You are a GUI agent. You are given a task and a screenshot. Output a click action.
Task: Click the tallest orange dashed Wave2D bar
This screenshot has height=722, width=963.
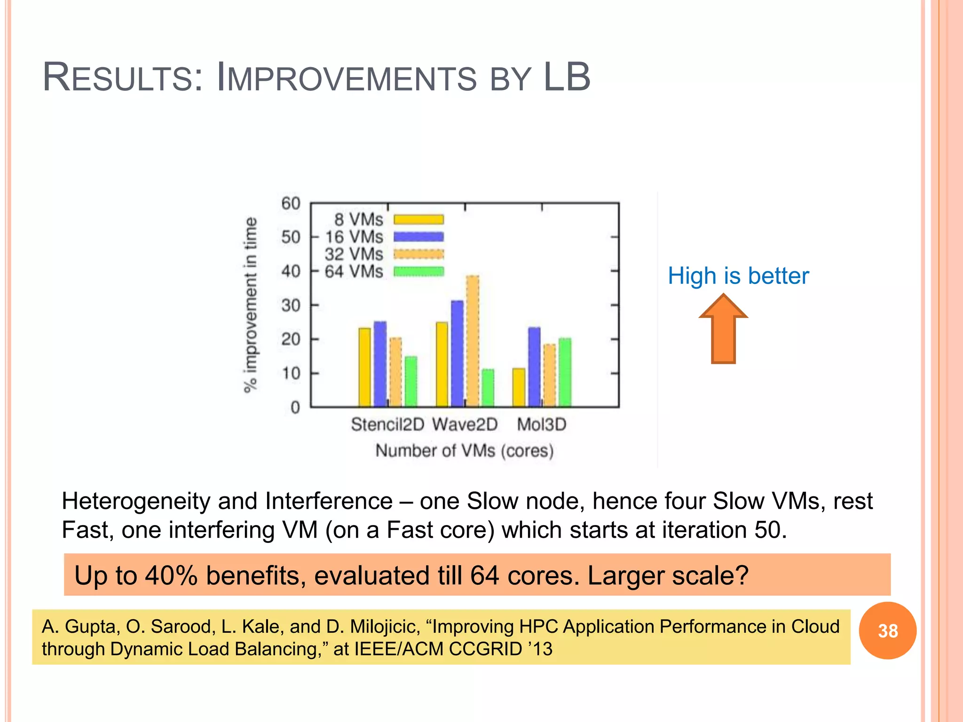(473, 341)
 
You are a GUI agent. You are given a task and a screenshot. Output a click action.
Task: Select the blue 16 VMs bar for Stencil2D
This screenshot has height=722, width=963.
(380, 364)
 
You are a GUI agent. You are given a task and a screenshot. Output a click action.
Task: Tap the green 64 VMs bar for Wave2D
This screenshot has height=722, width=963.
(488, 388)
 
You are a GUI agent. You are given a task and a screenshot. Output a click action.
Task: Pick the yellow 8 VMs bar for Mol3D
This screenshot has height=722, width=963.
(519, 387)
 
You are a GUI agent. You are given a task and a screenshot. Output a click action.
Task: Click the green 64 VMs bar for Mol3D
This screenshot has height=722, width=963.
(565, 372)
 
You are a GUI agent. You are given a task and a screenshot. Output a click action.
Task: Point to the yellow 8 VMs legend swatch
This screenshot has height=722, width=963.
(418, 220)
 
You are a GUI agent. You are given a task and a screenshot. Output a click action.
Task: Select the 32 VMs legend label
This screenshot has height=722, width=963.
(354, 254)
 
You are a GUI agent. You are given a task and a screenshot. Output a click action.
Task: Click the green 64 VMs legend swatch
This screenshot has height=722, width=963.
(418, 272)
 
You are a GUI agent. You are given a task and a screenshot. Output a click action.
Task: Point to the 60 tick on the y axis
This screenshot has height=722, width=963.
(291, 204)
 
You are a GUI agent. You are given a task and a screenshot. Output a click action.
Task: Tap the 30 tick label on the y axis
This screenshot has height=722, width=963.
(291, 306)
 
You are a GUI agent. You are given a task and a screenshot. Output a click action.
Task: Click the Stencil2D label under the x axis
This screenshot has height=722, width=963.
(387, 424)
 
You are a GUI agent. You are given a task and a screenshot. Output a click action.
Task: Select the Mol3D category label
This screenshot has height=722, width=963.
(541, 424)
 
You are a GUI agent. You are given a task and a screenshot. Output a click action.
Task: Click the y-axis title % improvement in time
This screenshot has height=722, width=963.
(251, 305)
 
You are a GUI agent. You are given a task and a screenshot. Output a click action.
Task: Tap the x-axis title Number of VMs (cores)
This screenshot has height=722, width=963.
(464, 451)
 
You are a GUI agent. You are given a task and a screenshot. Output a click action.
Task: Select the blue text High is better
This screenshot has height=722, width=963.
(738, 276)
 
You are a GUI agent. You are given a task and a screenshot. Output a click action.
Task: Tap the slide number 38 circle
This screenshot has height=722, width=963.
(887, 631)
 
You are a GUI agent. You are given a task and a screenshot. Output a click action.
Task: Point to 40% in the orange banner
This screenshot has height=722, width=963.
(171, 575)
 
